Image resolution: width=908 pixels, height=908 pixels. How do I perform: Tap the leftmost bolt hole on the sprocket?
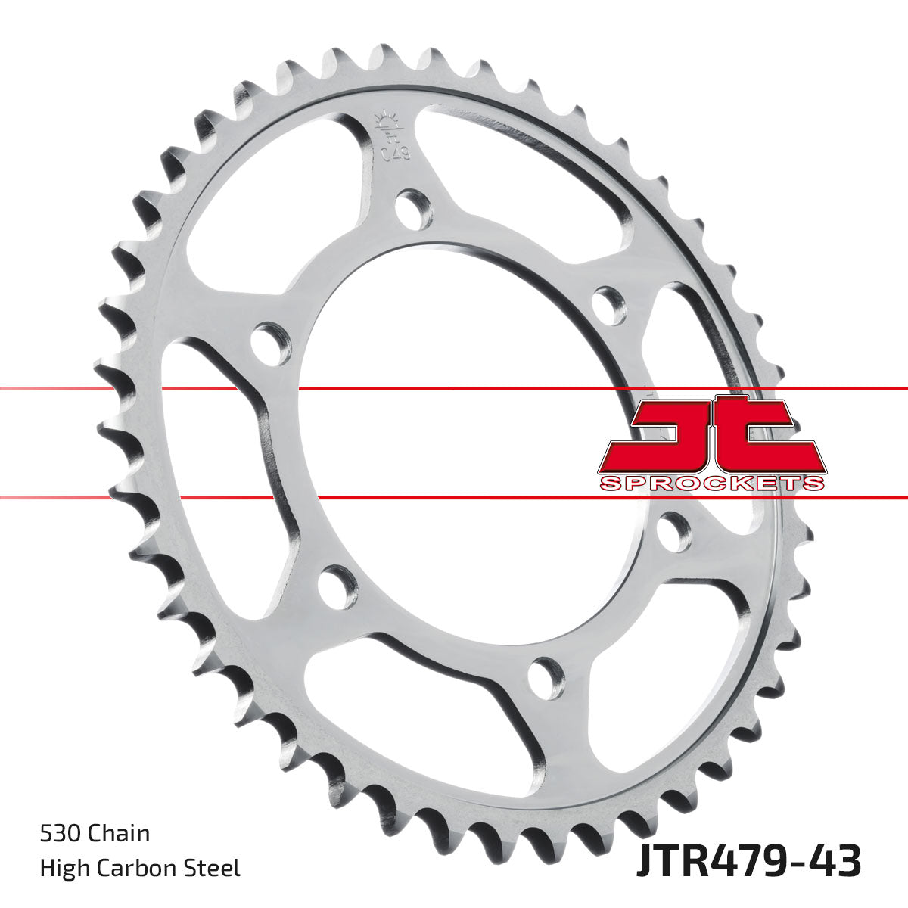[271, 340]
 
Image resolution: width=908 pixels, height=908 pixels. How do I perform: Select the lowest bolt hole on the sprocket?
[546, 676]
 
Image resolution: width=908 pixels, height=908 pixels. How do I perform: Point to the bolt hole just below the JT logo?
[673, 532]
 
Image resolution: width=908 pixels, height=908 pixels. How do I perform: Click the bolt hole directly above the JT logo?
[609, 304]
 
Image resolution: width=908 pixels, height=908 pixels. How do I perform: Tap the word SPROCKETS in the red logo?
[711, 484]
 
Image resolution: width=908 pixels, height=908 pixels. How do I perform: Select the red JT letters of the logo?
[711, 435]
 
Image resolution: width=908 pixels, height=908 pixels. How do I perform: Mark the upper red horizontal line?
[454, 389]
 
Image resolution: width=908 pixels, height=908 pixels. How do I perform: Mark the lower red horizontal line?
[454, 498]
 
